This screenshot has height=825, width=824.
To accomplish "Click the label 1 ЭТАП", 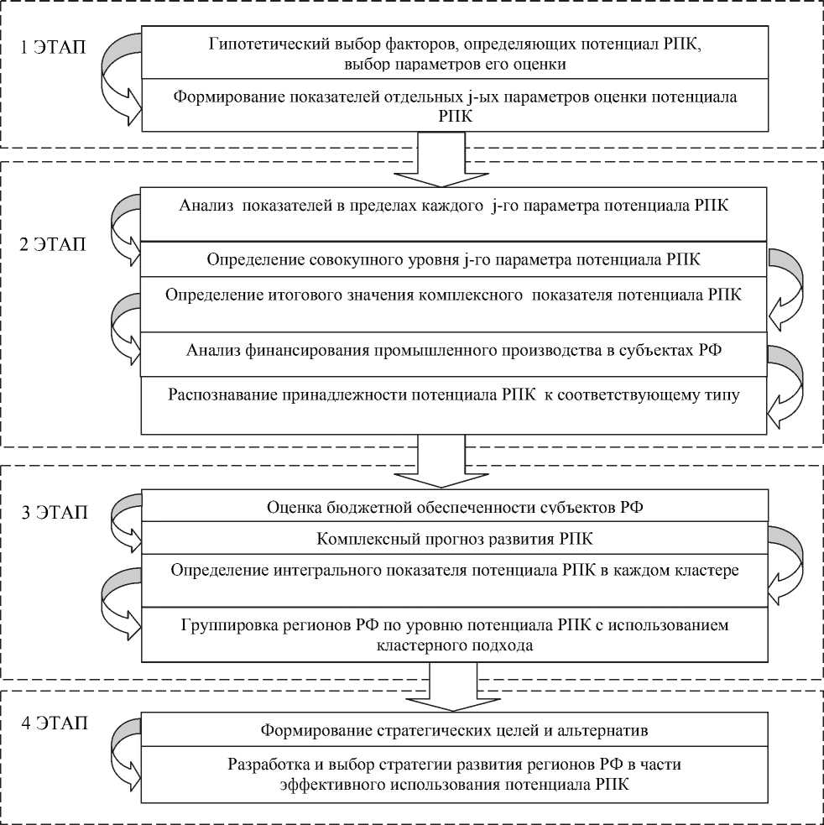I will coord(53,47).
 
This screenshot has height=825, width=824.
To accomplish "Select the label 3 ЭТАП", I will coord(53,513).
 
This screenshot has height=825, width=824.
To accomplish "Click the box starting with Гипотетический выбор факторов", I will coord(454,53).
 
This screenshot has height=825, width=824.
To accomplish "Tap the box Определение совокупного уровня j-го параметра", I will coord(454,259).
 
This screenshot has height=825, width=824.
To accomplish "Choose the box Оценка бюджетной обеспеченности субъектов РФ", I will coord(454,507).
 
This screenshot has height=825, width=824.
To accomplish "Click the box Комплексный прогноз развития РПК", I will coord(454,538).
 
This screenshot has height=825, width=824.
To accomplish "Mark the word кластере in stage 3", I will coord(707,570).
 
